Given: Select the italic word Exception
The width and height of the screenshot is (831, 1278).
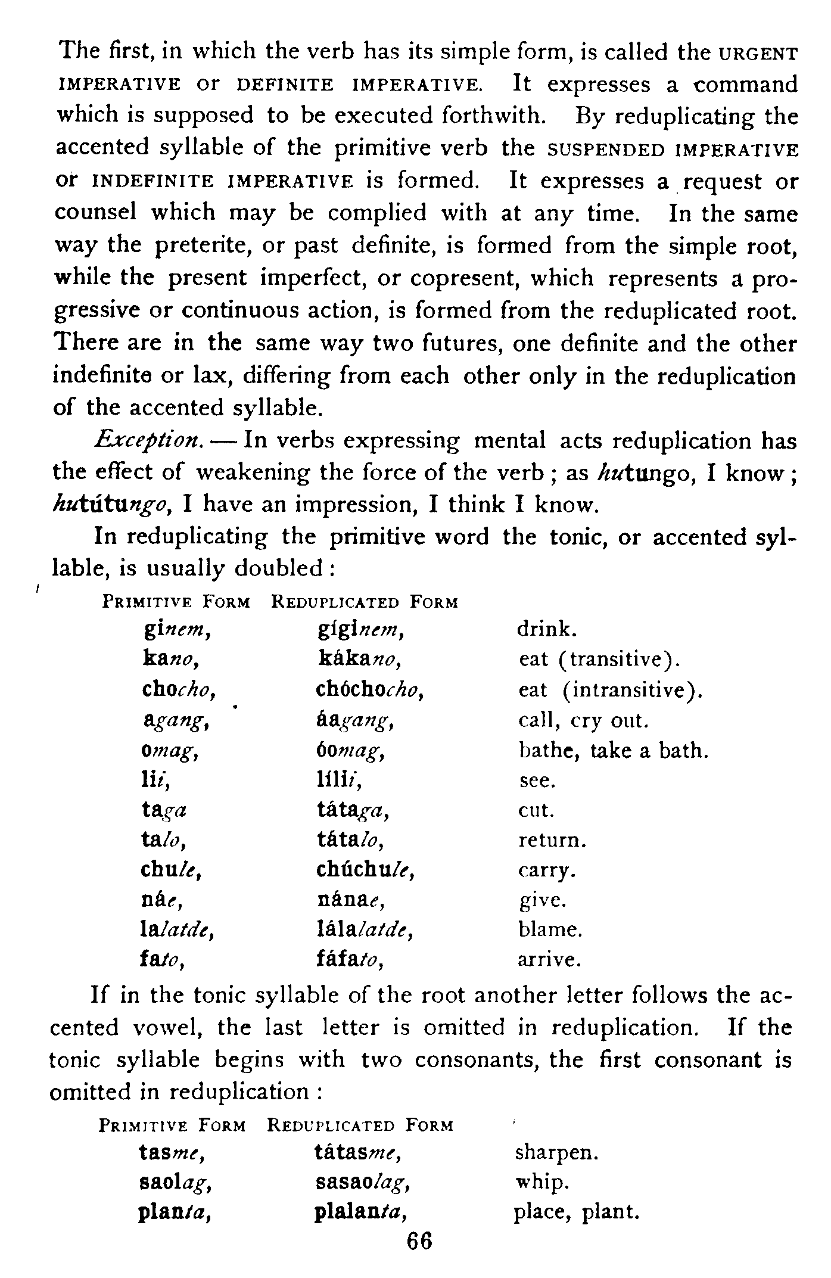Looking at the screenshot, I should coord(150,442).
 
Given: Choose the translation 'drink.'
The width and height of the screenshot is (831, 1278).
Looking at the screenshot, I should coord(547,630).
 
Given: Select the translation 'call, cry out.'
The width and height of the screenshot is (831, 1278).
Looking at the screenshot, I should coord(583,720).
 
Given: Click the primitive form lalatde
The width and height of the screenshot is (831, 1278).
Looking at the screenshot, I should coord(176,930).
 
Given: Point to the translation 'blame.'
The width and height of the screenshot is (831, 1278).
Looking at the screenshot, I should coord(550,929).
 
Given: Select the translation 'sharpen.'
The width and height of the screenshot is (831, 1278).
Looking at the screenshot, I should coord(555,1152).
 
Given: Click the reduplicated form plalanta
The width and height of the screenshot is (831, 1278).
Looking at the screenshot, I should coord(364,1213).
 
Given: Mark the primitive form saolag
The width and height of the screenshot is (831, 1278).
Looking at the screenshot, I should coord(176,1183).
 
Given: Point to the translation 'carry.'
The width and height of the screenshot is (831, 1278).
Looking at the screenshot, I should coord(546,870).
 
